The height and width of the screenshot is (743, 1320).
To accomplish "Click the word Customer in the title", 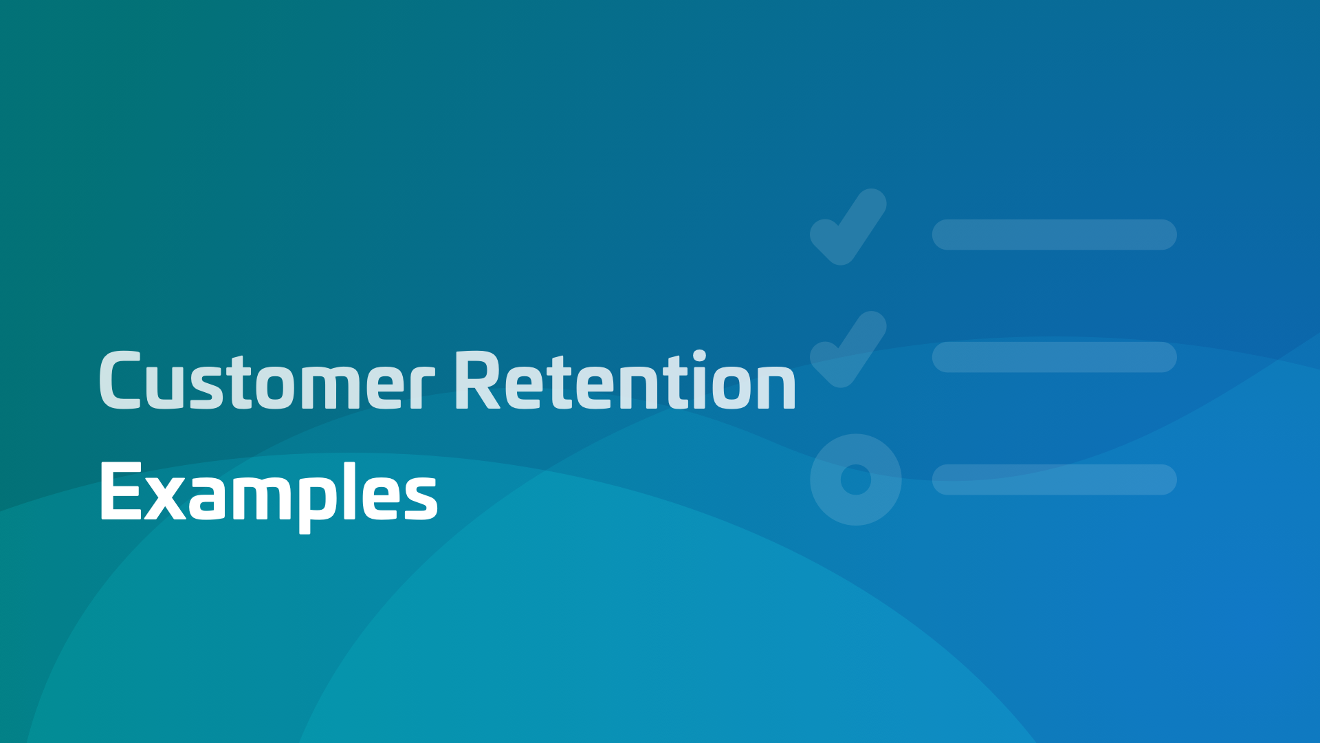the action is [267, 380].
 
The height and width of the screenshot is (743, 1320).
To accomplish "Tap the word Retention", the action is [625, 380].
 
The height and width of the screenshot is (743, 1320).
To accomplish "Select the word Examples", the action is [269, 493].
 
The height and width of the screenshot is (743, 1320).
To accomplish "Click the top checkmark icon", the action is [848, 226].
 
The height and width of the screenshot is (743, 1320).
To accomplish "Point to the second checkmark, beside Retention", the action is [848, 349].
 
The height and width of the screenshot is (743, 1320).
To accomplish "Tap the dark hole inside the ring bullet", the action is [856, 480].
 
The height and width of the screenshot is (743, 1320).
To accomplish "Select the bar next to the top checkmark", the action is [1054, 235].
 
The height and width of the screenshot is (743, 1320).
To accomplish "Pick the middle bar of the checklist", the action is [1054, 357].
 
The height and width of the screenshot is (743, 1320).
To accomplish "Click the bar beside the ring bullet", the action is [1054, 480].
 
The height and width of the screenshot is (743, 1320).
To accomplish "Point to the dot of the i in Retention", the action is [699, 356].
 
